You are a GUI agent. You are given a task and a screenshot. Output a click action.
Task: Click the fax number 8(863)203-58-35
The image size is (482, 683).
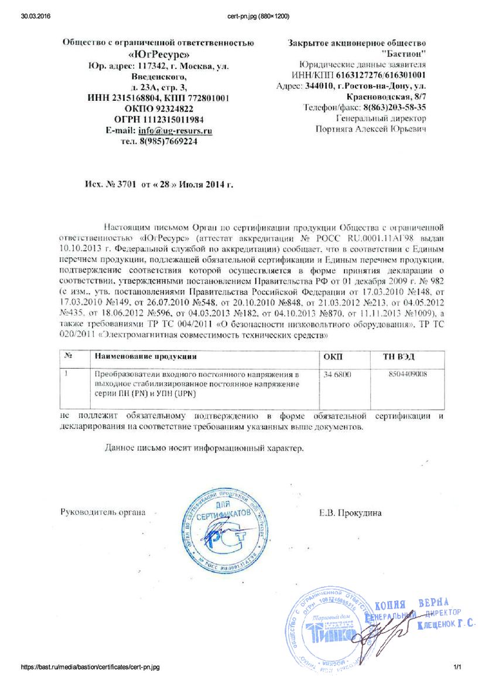394,107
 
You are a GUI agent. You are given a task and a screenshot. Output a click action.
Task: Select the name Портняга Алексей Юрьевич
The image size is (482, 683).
371,129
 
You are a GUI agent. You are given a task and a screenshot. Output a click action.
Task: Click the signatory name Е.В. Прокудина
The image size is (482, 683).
350,513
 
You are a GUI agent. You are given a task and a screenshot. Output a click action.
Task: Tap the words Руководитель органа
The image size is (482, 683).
103,512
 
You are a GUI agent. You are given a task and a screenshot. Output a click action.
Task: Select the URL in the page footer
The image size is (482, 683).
90,667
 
